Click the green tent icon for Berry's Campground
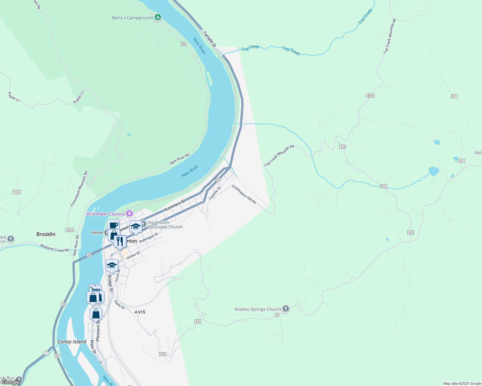[x=158, y=17]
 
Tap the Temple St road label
[x=209, y=39]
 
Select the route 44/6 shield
[x=370, y=96]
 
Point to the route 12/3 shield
[x=17, y=192]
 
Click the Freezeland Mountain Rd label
[x=79, y=189]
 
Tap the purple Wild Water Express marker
[x=130, y=214]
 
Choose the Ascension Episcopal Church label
[x=165, y=225]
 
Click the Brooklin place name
[x=46, y=234]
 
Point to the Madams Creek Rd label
[x=54, y=248]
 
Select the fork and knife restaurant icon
[x=120, y=241]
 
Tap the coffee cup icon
[x=113, y=225]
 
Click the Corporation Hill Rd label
[x=244, y=194]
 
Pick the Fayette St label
[x=215, y=193]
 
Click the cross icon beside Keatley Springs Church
[x=286, y=309]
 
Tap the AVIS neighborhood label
[x=140, y=312]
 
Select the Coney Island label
[x=72, y=342]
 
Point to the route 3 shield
[x=47, y=353]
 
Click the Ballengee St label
[x=149, y=238]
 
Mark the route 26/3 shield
[x=70, y=230]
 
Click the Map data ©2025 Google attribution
[x=462, y=383]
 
